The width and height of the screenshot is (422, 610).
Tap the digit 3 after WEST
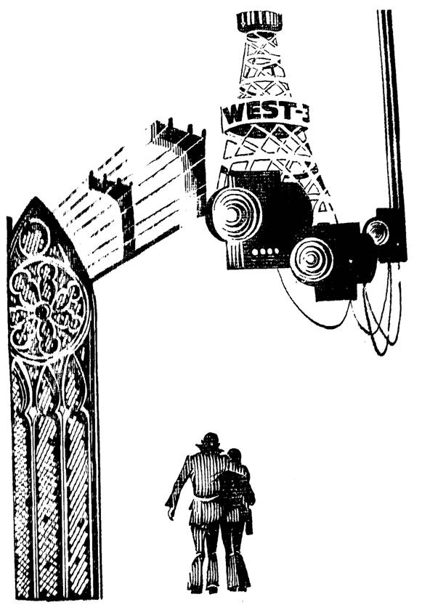(x=304, y=112)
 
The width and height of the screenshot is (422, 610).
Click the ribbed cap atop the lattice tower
(x=259, y=21)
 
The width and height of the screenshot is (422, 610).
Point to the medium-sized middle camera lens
(x=312, y=259)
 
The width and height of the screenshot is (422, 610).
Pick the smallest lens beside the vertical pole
(x=376, y=232)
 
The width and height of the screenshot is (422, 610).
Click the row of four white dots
(x=265, y=252)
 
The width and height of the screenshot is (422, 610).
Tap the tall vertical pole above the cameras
(x=390, y=109)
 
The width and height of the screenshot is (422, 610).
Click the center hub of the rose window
(x=42, y=312)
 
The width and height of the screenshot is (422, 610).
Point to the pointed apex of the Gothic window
(x=36, y=198)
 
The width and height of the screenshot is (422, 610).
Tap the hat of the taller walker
(x=211, y=439)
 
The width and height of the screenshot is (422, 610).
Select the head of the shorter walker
(x=234, y=456)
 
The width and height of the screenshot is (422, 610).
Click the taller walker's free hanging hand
(x=171, y=513)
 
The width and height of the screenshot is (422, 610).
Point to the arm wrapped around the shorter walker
(x=233, y=471)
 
